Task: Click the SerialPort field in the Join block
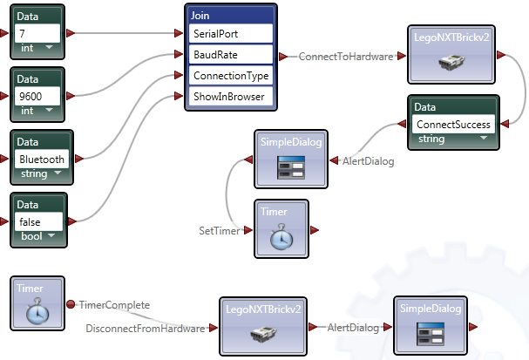click(231, 33)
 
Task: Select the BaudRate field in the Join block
click(231, 54)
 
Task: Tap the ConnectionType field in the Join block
click(231, 75)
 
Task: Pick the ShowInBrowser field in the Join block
click(231, 97)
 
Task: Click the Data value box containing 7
click(37, 33)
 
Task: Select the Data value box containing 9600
click(37, 96)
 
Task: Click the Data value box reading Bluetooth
click(42, 159)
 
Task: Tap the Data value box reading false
click(39, 221)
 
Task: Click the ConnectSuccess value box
click(453, 124)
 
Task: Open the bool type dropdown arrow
click(51, 235)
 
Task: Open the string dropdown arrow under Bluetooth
click(58, 173)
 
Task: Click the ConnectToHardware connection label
click(346, 57)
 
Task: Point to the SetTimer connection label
click(220, 231)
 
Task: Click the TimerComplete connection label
click(115, 305)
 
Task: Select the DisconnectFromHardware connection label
click(146, 329)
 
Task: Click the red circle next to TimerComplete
click(71, 304)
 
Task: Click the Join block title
click(200, 16)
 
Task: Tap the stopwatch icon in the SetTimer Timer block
click(281, 236)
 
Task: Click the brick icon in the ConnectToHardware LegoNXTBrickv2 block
click(451, 62)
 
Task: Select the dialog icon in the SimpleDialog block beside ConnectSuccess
click(291, 167)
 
